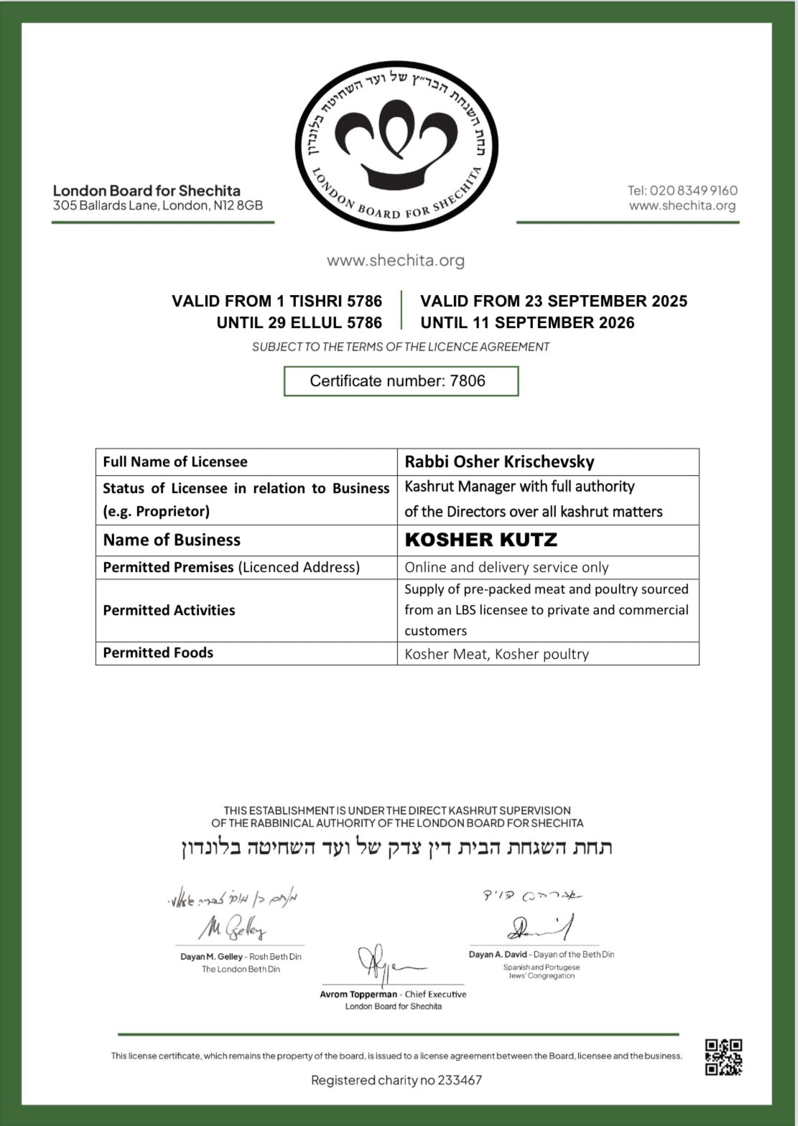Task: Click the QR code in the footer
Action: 723,1056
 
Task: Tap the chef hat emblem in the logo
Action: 398,140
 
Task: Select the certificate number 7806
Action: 468,381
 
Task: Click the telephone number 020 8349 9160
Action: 693,190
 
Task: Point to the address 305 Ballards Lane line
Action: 158,205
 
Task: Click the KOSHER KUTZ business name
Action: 481,540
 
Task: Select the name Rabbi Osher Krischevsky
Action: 499,461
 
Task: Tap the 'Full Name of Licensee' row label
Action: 175,461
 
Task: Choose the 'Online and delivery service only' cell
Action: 506,567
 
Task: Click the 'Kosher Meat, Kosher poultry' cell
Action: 496,654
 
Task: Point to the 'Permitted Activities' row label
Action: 169,610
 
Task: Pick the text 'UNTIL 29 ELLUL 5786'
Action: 299,323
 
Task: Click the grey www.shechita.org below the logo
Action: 396,261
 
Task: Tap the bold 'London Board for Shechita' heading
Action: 147,190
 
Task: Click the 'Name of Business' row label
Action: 172,540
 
